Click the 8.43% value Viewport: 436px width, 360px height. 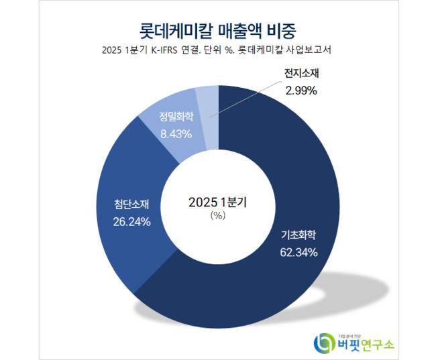click(176, 133)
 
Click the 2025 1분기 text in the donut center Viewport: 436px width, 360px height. click(218, 201)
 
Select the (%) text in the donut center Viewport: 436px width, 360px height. click(218, 215)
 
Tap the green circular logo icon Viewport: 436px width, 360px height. click(325, 343)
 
